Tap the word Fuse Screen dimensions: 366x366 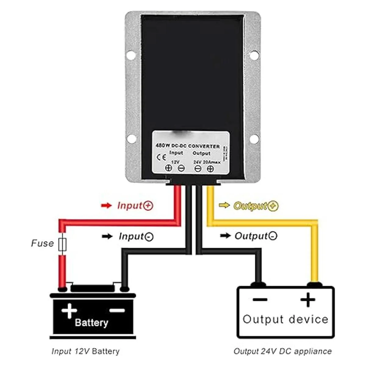point(42,243)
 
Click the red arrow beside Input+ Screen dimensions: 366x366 point(106,206)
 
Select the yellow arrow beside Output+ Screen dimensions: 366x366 point(224,206)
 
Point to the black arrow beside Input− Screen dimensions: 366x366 point(107,236)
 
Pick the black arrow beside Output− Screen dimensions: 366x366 point(225,236)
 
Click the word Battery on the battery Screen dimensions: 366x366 point(91,323)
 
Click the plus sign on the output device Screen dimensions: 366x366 point(308,300)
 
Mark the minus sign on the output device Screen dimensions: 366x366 point(260,300)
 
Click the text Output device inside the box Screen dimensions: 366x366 point(285,319)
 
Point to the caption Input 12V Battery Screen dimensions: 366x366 point(85,351)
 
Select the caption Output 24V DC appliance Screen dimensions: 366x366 point(282,351)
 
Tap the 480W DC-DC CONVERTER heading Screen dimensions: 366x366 point(188,146)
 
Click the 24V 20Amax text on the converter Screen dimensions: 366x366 point(207,162)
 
